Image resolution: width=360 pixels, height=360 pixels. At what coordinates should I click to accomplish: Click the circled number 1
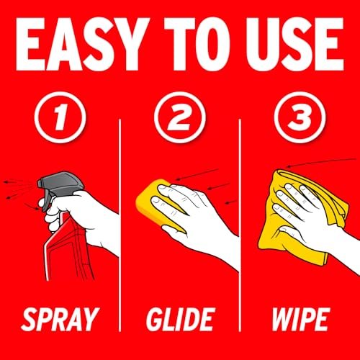click(60, 117)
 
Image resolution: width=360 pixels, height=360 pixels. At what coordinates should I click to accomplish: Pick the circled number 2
click(180, 117)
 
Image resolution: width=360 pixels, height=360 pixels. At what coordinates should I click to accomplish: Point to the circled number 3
click(300, 117)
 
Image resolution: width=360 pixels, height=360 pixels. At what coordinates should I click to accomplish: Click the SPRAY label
click(60, 320)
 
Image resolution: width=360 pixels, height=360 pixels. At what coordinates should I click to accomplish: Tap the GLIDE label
click(180, 320)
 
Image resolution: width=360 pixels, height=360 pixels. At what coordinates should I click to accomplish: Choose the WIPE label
click(300, 320)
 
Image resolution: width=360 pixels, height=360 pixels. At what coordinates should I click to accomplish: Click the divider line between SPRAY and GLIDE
click(120, 225)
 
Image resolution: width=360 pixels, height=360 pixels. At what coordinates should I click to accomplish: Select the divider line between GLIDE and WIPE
click(240, 225)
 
